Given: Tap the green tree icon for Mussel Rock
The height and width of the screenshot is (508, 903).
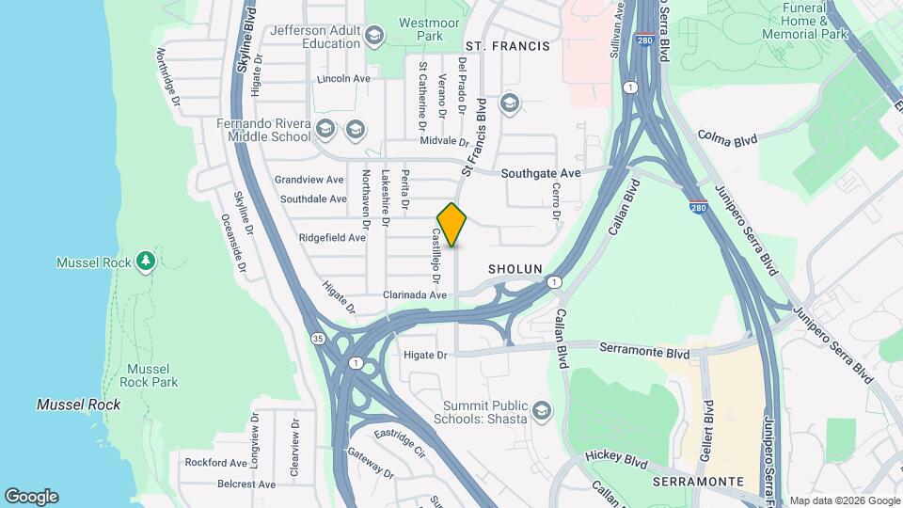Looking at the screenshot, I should (145, 261).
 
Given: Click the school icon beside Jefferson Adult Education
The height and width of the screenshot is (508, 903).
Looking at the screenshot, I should (374, 37).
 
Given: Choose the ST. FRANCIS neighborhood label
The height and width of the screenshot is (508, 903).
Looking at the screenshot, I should (507, 45).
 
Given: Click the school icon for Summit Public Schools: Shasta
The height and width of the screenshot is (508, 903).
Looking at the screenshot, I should (541, 411).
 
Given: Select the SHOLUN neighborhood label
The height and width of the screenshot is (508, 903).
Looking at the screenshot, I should (515, 269).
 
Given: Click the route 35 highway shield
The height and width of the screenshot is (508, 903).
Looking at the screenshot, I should (318, 338).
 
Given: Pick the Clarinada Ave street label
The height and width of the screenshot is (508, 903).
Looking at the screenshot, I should (414, 294).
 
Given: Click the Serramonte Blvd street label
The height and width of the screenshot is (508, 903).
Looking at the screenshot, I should (644, 349).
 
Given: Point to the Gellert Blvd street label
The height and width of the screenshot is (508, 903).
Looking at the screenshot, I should (706, 430).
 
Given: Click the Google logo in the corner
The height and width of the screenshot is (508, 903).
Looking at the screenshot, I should (31, 497).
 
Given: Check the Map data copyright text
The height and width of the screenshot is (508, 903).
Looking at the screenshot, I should (844, 500).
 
